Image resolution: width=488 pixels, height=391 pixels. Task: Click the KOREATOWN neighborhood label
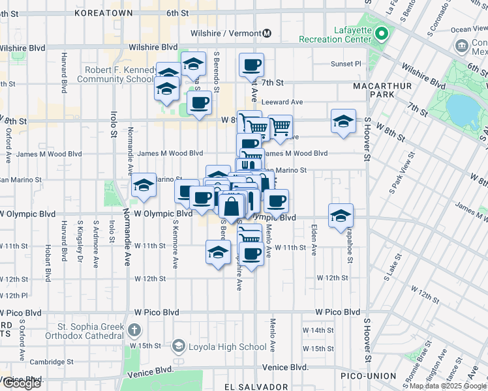tap(104, 13)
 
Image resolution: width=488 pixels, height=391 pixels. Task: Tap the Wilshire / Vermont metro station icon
tap(267, 33)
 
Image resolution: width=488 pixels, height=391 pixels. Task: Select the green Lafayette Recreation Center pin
tap(382, 33)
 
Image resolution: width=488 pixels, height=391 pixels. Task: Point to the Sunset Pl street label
tap(346, 64)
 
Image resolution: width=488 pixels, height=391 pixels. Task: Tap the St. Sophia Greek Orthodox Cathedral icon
tap(134, 330)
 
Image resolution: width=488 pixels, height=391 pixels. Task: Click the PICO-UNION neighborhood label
tap(368, 376)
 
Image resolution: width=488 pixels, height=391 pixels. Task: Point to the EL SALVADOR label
tap(256, 386)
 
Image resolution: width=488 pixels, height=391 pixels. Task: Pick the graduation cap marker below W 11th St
tap(218, 253)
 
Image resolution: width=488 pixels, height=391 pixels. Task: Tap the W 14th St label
tap(322, 330)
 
